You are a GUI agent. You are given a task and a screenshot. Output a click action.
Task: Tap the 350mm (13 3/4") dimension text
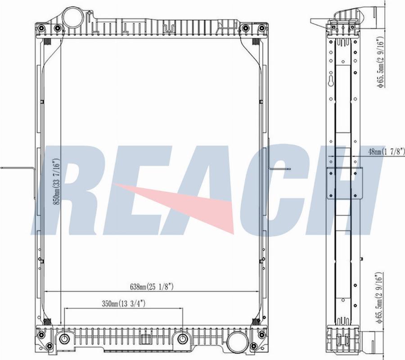pos(123,304)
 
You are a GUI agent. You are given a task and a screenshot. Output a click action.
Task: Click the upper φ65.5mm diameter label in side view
pos(380,62)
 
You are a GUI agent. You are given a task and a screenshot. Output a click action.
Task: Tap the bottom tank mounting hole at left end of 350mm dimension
pos(64,339)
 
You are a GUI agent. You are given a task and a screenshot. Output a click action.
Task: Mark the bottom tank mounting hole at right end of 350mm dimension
pos(182,339)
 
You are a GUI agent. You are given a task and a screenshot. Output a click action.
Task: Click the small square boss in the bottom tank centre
pos(146,340)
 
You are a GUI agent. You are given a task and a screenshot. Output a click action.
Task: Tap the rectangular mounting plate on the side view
pos(344,182)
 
